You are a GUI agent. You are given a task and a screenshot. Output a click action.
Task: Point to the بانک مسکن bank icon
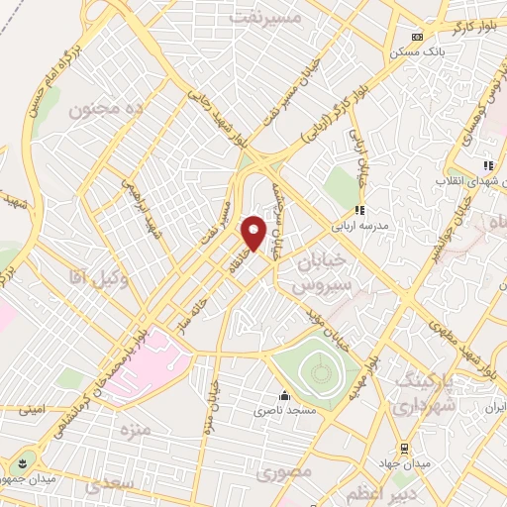coord(417,37)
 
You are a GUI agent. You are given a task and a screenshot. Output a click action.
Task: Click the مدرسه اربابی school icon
coord(360,210)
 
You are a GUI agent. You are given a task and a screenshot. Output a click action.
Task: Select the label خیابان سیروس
coord(320,271)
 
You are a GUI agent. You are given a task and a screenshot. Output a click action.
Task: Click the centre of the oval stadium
coord(318,371)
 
